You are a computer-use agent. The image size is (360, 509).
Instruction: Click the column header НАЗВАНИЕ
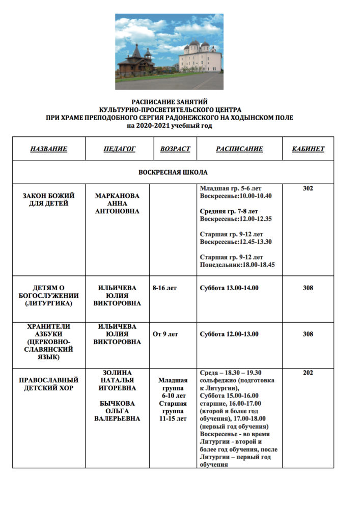[48, 149]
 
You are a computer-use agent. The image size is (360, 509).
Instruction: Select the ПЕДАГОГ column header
[120, 149]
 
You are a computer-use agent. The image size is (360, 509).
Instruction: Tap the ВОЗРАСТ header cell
[175, 149]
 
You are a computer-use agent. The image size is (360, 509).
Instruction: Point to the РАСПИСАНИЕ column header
[239, 149]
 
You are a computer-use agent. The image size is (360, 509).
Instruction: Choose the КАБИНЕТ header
[308, 149]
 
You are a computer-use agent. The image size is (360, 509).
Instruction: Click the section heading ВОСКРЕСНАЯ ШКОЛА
[173, 172]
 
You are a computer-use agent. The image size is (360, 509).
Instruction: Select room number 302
[308, 188]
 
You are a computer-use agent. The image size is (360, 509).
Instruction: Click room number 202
[308, 373]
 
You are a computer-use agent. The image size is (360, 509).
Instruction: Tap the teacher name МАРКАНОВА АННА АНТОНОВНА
[117, 203]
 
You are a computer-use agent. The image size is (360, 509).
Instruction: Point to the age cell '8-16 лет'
[164, 288]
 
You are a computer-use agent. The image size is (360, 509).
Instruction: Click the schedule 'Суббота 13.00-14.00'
[229, 288]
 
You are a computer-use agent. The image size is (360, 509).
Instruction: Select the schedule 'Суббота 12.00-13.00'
[229, 334]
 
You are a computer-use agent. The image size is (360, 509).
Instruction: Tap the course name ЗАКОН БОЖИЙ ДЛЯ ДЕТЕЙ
[48, 200]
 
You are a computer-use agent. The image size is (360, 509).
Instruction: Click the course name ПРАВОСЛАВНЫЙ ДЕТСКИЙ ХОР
[48, 384]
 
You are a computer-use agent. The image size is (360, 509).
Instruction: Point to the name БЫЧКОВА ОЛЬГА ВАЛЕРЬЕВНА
[117, 411]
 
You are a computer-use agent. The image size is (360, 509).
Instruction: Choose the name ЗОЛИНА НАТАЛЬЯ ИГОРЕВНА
[117, 380]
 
